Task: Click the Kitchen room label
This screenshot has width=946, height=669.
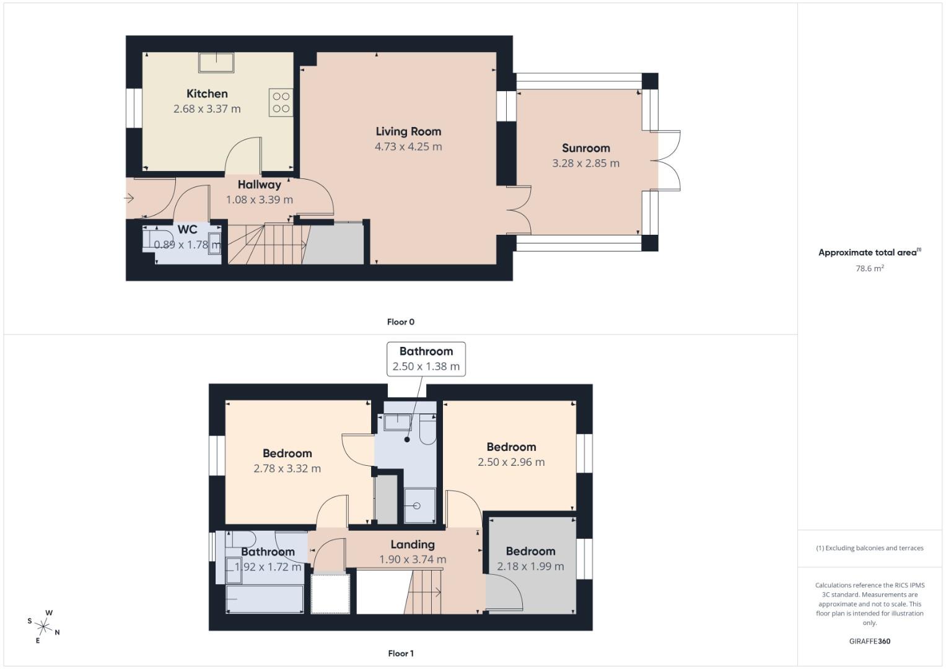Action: [207, 94]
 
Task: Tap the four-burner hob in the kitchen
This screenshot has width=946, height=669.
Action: [281, 103]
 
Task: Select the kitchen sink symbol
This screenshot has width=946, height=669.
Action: [216, 63]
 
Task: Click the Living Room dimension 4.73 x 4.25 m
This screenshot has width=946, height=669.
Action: [408, 147]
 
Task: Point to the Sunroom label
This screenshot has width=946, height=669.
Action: [585, 148]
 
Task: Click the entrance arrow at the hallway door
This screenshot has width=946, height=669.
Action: [129, 198]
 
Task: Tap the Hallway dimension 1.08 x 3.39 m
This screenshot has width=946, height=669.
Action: [259, 199]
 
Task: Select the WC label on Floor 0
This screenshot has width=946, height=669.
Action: [187, 230]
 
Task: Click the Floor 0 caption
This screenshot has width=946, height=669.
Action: [400, 322]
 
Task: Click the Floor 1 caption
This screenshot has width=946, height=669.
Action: [400, 654]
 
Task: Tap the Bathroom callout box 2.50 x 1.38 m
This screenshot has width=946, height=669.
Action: [426, 359]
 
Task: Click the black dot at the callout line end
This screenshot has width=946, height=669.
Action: [407, 440]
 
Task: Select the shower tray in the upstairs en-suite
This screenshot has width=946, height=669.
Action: [419, 506]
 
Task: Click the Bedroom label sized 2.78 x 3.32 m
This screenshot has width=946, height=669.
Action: [287, 453]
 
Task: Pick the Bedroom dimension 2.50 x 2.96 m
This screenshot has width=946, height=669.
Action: [511, 462]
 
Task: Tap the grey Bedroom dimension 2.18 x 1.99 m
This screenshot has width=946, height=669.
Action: [530, 566]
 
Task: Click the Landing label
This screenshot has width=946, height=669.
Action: [412, 544]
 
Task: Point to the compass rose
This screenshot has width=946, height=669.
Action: [44, 626]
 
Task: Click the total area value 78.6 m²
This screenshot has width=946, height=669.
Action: [869, 268]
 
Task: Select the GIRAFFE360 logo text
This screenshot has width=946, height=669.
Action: [869, 641]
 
